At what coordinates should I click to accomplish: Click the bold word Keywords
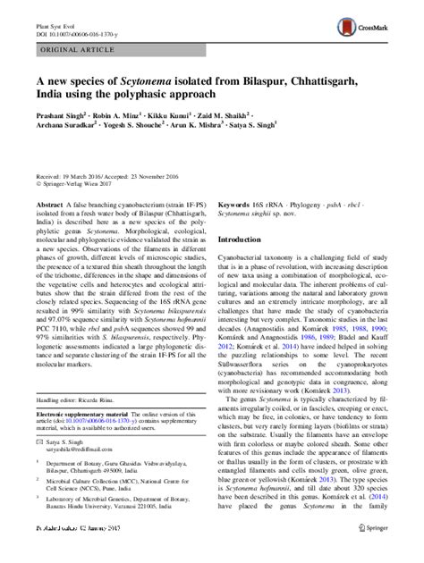click(x=236, y=205)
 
